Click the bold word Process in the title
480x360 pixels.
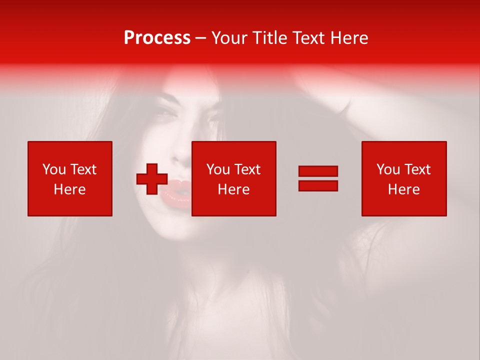click(x=157, y=38)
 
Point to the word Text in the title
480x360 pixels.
click(x=309, y=38)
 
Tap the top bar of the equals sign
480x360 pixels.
click(x=318, y=171)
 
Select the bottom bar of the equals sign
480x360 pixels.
click(x=318, y=186)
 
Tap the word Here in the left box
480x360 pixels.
click(x=70, y=189)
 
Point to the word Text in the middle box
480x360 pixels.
click(x=247, y=169)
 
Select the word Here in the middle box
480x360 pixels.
click(x=234, y=189)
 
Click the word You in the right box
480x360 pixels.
click(x=388, y=169)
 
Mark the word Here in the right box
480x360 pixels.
click(x=404, y=189)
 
